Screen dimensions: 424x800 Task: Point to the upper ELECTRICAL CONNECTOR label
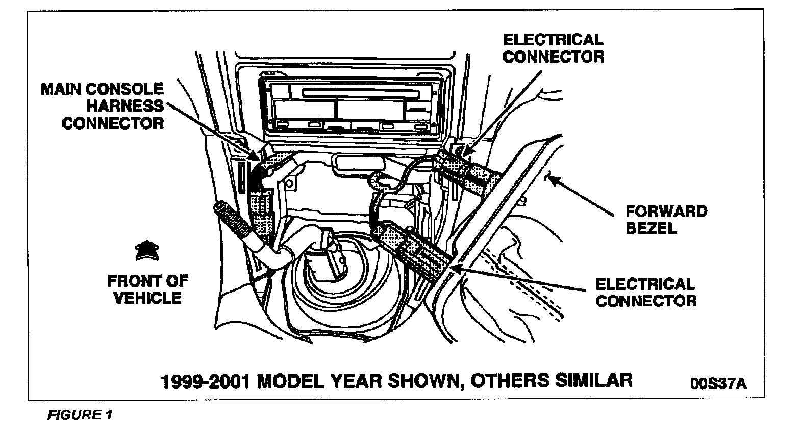[x=553, y=48]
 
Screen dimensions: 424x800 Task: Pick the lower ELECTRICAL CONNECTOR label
[x=645, y=292]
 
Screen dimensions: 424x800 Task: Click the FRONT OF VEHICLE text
[x=147, y=288]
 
